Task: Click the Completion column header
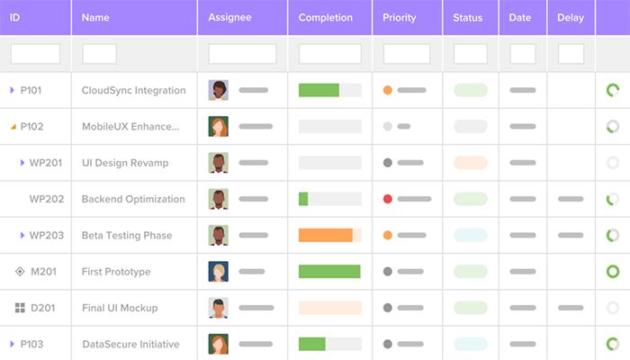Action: (325, 17)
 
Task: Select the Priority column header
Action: (399, 17)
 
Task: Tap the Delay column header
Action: (571, 17)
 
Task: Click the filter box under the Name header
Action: (99, 54)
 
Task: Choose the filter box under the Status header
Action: (470, 54)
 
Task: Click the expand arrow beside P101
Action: (13, 90)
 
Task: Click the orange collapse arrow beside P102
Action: (13, 127)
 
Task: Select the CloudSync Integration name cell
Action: (133, 90)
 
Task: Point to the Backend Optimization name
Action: (133, 199)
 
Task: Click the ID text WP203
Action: (47, 236)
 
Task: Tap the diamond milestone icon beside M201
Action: (20, 272)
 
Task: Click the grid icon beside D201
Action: (20, 308)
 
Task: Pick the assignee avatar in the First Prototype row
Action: (219, 272)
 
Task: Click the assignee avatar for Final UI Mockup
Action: (219, 308)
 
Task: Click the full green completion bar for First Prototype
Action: (329, 271)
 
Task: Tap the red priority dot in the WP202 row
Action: (388, 199)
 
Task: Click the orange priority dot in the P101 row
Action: (388, 90)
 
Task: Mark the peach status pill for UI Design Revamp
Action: (470, 163)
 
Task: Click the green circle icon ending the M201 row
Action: (613, 271)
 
